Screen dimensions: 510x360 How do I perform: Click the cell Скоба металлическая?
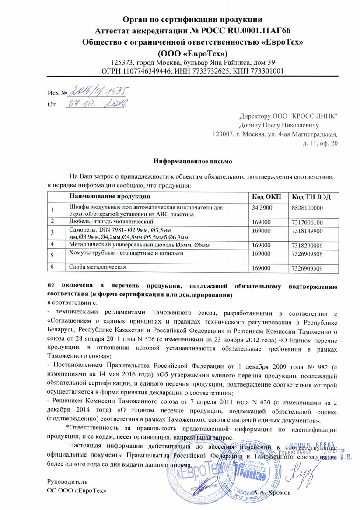pos(96,267)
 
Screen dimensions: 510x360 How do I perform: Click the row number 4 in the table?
pos(52,243)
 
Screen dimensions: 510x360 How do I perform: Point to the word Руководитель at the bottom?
pos(64,482)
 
